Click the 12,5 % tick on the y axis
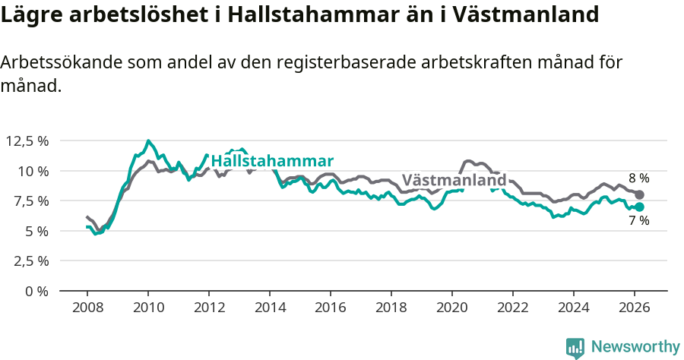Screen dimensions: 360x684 tap(27, 141)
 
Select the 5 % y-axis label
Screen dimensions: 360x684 tap(35, 231)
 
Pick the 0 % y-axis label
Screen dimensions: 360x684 tap(35, 291)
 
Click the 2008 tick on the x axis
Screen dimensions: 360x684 tap(87, 308)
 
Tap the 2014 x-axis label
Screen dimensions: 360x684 tap(269, 308)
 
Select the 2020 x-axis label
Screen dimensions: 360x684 tap(451, 308)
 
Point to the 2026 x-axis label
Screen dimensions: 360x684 tap(634, 308)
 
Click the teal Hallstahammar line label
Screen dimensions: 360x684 tap(272, 161)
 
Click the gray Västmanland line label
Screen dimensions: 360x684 tap(454, 181)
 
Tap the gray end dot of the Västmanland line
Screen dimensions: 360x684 tap(639, 195)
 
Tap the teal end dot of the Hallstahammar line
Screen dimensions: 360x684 tap(639, 207)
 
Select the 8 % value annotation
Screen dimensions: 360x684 tap(638, 178)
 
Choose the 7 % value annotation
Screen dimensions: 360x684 tap(638, 221)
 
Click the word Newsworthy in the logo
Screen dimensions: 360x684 tap(635, 347)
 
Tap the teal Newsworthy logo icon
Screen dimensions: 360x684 tap(575, 347)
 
